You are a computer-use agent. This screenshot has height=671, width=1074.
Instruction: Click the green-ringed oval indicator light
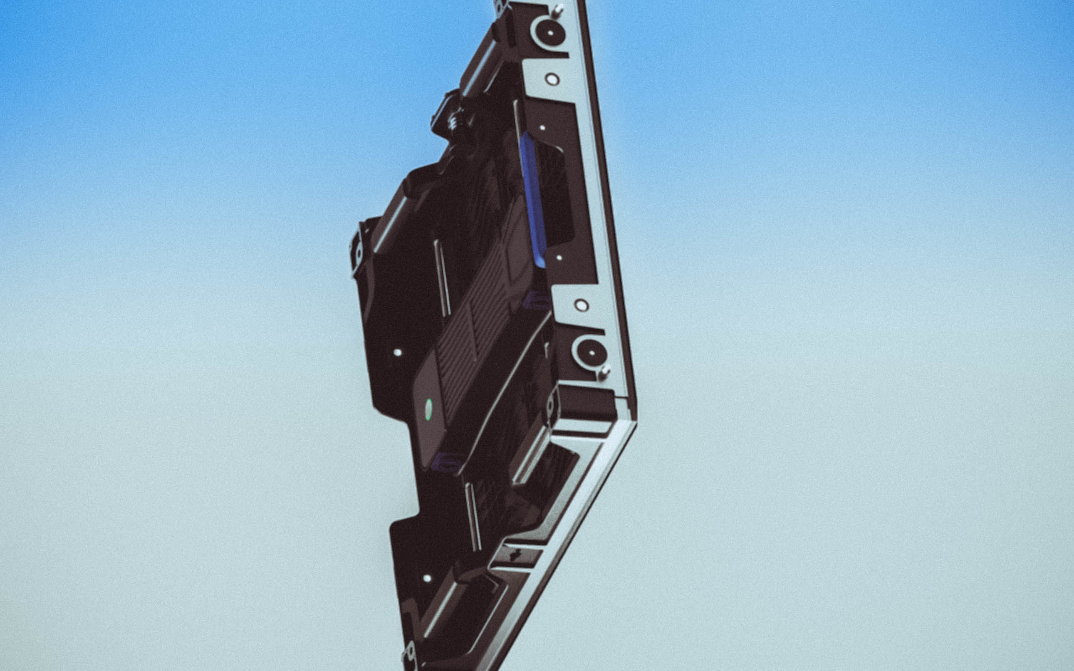coord(428,409)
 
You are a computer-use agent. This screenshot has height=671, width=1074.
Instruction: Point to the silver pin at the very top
coord(558,9)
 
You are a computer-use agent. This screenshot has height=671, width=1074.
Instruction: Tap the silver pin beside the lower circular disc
coord(604,372)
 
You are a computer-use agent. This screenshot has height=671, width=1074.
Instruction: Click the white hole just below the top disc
coord(552,79)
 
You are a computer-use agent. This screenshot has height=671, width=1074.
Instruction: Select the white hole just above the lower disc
coord(581,305)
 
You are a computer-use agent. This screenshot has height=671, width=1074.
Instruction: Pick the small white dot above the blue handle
coord(542,128)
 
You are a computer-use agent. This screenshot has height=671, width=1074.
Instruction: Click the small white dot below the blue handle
coord(559,257)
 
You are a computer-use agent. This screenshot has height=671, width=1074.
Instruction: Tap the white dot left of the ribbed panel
coord(397,352)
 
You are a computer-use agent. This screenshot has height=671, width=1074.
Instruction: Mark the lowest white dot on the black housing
coord(427,578)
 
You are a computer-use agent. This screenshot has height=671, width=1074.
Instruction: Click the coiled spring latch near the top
coord(454,120)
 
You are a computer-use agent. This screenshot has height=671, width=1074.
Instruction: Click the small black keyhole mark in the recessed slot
coord(515,554)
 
